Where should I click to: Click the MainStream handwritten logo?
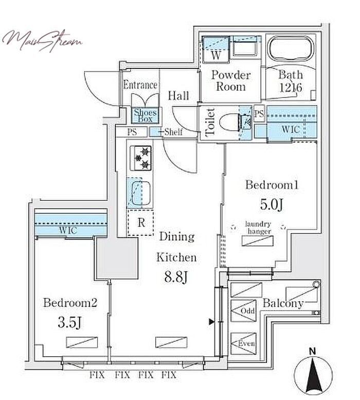tap(42, 41)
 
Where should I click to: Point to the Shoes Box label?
tap(145, 115)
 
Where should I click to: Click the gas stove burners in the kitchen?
tap(141, 158)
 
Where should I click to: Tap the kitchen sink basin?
tap(139, 193)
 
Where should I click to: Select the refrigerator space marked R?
tap(140, 222)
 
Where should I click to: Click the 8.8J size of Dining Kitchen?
tap(176, 277)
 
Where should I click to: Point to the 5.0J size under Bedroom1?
tap(272, 204)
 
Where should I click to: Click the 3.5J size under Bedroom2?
tap(69, 323)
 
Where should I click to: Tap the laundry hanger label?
tap(258, 228)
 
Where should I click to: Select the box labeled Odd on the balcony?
tap(243, 311)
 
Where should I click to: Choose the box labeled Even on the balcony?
tap(243, 343)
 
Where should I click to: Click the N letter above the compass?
tap(313, 351)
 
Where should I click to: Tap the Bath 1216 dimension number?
tap(291, 88)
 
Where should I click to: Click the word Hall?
tap(178, 96)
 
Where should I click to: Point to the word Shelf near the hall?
tap(173, 132)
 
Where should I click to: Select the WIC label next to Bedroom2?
tap(68, 230)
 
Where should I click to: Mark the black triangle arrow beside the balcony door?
tap(211, 322)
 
